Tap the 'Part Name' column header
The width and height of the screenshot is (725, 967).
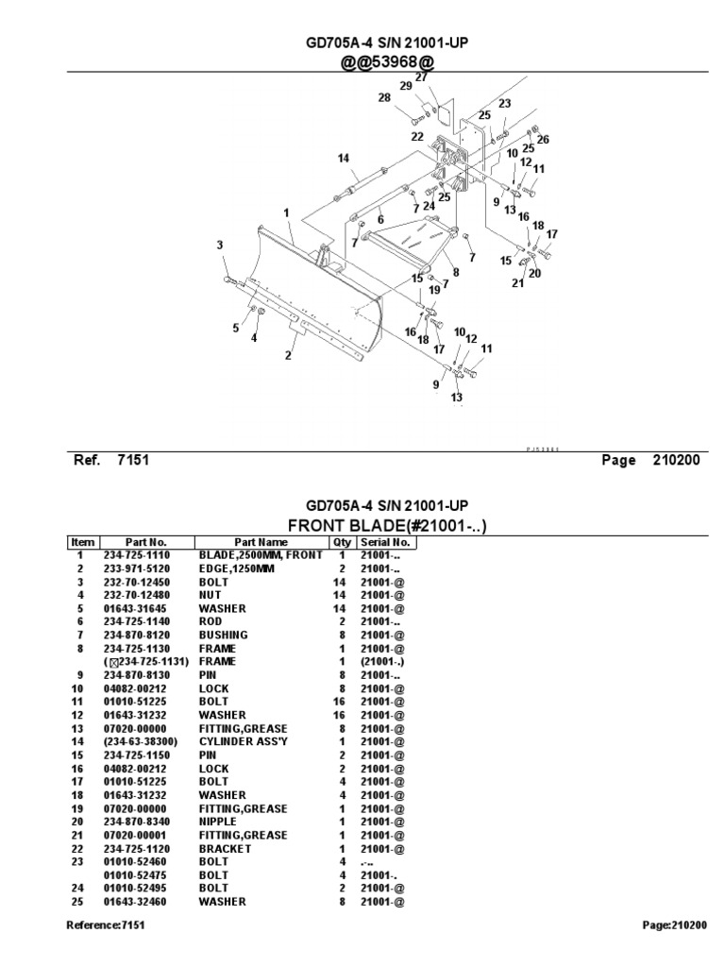(x=261, y=542)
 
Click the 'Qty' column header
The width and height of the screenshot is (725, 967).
(x=340, y=542)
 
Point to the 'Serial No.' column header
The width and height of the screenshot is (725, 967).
(x=384, y=542)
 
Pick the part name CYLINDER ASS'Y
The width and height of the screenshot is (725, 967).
(x=244, y=742)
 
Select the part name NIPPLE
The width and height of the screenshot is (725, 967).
(x=218, y=822)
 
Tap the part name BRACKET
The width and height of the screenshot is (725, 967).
(x=225, y=848)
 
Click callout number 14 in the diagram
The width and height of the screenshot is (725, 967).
(x=342, y=158)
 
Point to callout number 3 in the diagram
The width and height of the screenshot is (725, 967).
(x=219, y=246)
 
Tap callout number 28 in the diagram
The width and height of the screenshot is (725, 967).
(x=383, y=97)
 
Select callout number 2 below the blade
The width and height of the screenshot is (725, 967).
(x=287, y=355)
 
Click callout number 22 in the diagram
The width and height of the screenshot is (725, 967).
(x=416, y=136)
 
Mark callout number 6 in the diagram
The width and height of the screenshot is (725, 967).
(x=380, y=218)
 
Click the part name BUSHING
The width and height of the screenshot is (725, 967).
(x=223, y=636)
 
